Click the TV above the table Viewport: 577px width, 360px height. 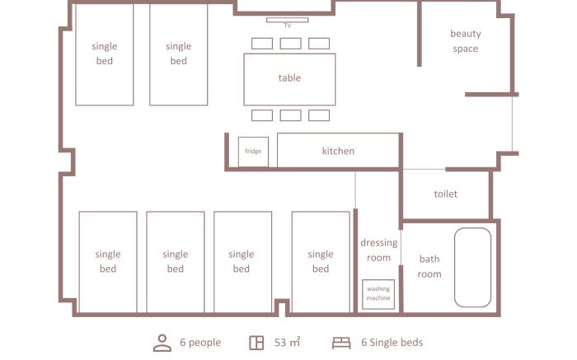click(287, 20)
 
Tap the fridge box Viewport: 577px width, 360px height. click(253, 152)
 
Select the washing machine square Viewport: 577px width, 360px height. click(378, 294)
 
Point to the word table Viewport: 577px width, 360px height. click(289, 78)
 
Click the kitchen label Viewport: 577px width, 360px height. click(338, 151)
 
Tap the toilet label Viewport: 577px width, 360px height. click(446, 194)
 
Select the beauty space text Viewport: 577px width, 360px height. click(466, 41)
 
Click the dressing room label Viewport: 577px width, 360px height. click(378, 250)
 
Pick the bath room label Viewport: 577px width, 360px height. click(429, 266)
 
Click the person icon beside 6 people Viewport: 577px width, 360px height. click(162, 343)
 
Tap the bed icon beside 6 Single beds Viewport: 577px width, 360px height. click(341, 343)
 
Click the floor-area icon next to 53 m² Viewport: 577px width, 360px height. click(256, 343)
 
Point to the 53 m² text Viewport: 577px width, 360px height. click(287, 343)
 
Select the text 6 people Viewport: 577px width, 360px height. click(200, 343)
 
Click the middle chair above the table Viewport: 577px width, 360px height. click(291, 44)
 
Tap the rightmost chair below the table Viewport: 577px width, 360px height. click(319, 115)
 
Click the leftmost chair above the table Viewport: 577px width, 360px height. click(262, 44)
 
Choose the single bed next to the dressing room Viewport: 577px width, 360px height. click(321, 262)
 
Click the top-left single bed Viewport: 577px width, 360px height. click(105, 54)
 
